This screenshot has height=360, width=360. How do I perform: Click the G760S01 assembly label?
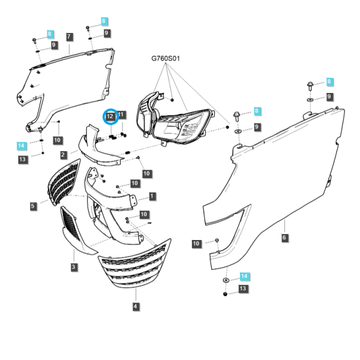click(x=166, y=58)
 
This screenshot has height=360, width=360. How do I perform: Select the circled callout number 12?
click(x=110, y=116)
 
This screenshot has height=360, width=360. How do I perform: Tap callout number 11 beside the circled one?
click(x=121, y=115)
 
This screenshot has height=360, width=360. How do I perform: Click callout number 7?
click(x=70, y=37)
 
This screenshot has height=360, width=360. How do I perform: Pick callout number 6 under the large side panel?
click(x=284, y=237)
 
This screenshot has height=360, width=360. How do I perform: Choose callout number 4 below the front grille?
click(x=136, y=306)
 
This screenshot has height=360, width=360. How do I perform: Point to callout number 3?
click(x=73, y=267)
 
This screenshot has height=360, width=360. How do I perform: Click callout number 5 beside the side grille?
click(x=33, y=206)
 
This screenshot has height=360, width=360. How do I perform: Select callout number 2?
click(x=63, y=155)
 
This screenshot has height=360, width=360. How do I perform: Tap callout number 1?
click(x=152, y=196)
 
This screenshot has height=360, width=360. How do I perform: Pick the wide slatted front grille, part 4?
click(x=135, y=264)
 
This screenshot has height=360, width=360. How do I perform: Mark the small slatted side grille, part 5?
click(x=64, y=182)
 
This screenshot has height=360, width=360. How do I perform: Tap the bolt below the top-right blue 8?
click(x=310, y=86)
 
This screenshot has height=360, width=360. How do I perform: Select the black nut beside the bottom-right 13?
click(x=225, y=294)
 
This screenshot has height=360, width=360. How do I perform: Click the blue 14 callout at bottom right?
click(x=244, y=276)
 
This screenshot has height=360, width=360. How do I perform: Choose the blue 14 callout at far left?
click(x=21, y=146)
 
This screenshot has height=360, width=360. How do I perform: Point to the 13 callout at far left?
click(x=23, y=160)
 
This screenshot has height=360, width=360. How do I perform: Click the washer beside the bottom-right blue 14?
click(x=226, y=280)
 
